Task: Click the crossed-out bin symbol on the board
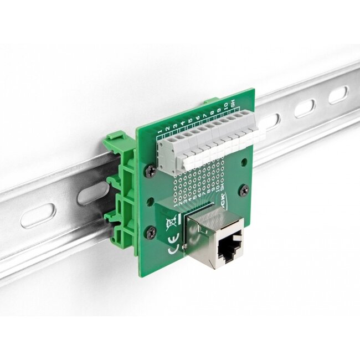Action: (x=172, y=224)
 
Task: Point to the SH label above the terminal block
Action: (x=233, y=103)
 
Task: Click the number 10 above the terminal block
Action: (x=226, y=105)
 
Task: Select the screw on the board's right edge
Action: (x=245, y=190)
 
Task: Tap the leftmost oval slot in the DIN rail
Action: (x=38, y=215)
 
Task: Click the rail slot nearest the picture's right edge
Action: (x=338, y=95)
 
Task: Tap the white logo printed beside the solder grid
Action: (x=222, y=200)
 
